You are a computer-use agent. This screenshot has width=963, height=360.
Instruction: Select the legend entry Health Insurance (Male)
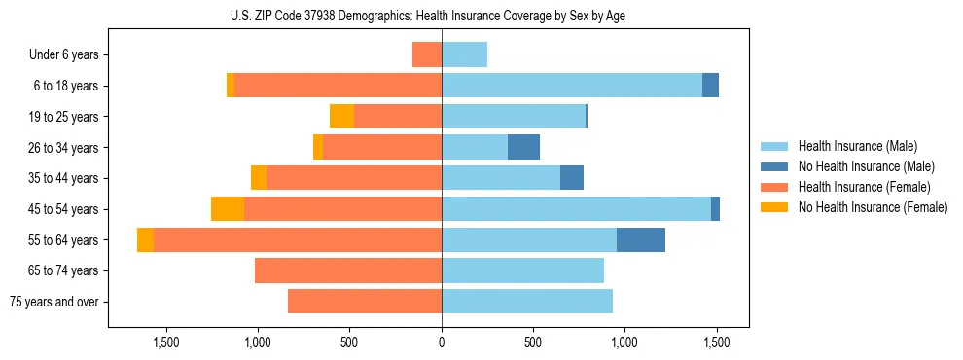click(x=857, y=146)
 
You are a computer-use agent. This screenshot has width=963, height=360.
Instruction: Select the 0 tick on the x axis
click(x=442, y=342)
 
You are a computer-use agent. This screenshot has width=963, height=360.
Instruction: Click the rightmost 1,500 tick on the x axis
click(x=716, y=342)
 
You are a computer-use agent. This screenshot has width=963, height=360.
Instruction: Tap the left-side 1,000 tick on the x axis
click(x=258, y=342)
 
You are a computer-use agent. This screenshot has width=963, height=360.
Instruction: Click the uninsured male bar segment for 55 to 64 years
click(x=641, y=239)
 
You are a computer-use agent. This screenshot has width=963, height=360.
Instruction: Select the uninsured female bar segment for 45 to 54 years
click(x=228, y=209)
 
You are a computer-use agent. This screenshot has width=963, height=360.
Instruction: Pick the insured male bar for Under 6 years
click(x=464, y=55)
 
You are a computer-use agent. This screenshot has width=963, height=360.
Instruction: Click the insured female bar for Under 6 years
click(x=427, y=55)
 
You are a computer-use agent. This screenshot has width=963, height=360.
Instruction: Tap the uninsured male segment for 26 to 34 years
click(x=523, y=148)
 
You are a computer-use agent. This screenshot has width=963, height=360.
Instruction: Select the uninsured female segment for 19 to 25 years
click(x=341, y=117)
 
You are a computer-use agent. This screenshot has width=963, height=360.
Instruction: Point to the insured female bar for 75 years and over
click(x=365, y=302)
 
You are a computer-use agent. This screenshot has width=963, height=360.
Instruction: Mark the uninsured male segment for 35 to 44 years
click(x=572, y=178)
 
